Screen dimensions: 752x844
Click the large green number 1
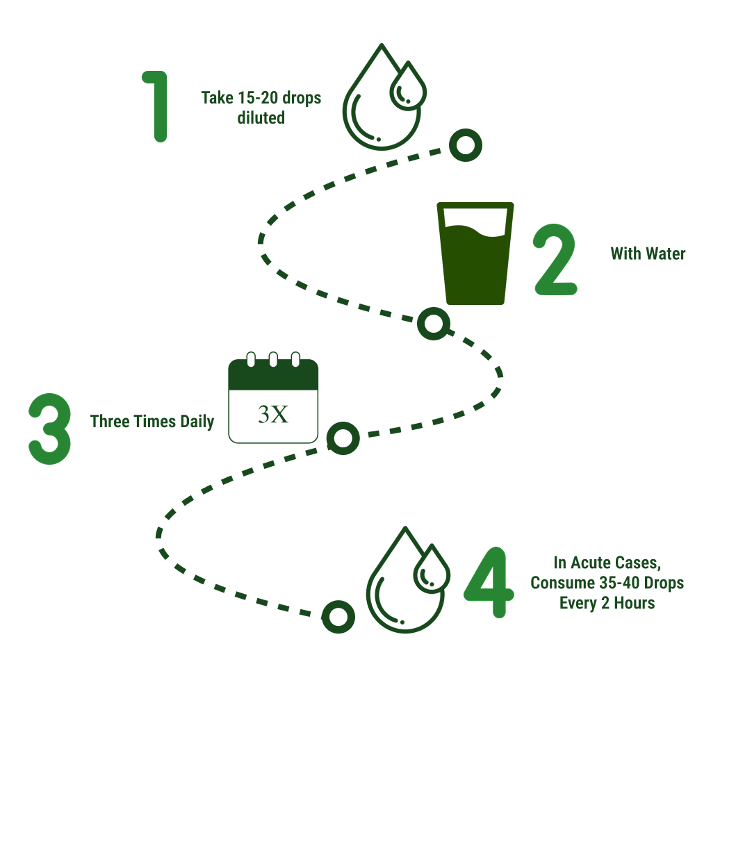158,106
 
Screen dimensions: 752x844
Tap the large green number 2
555,260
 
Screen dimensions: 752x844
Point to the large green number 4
489,582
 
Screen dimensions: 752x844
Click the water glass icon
475,254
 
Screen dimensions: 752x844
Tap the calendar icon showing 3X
273,397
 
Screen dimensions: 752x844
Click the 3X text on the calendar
273,414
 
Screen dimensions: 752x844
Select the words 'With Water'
648,254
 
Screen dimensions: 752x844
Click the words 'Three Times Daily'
152,421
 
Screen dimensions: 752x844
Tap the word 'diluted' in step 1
261,118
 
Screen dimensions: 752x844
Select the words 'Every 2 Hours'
607,603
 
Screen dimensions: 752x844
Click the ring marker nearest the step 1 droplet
466,145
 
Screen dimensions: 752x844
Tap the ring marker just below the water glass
434,324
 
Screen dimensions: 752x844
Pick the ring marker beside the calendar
343,438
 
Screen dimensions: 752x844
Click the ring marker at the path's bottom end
338,617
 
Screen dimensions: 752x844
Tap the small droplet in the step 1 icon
408,87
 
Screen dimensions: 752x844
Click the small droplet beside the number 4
432,570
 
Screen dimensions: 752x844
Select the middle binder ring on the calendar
273,359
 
